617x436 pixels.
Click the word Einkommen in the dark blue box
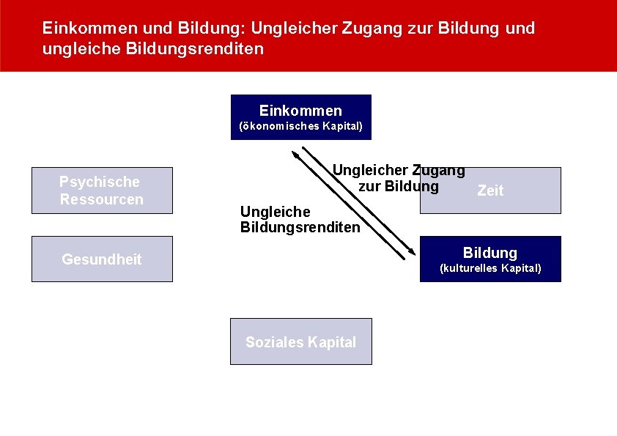tap(300, 111)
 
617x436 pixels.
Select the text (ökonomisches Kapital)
tap(300, 126)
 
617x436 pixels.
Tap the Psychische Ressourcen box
tap(101, 191)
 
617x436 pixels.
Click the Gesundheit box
tap(101, 259)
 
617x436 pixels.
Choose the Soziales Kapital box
tap(300, 341)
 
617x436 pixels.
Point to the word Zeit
tap(490, 191)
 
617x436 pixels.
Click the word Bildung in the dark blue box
tap(489, 253)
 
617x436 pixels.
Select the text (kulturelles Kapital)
tap(489, 268)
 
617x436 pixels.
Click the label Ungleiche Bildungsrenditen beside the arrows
tap(300, 220)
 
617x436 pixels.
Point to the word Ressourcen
tap(101, 199)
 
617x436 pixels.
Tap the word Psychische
tap(100, 182)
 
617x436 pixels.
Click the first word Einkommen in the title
tap(85, 29)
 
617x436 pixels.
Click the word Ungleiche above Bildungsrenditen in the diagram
tap(276, 212)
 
